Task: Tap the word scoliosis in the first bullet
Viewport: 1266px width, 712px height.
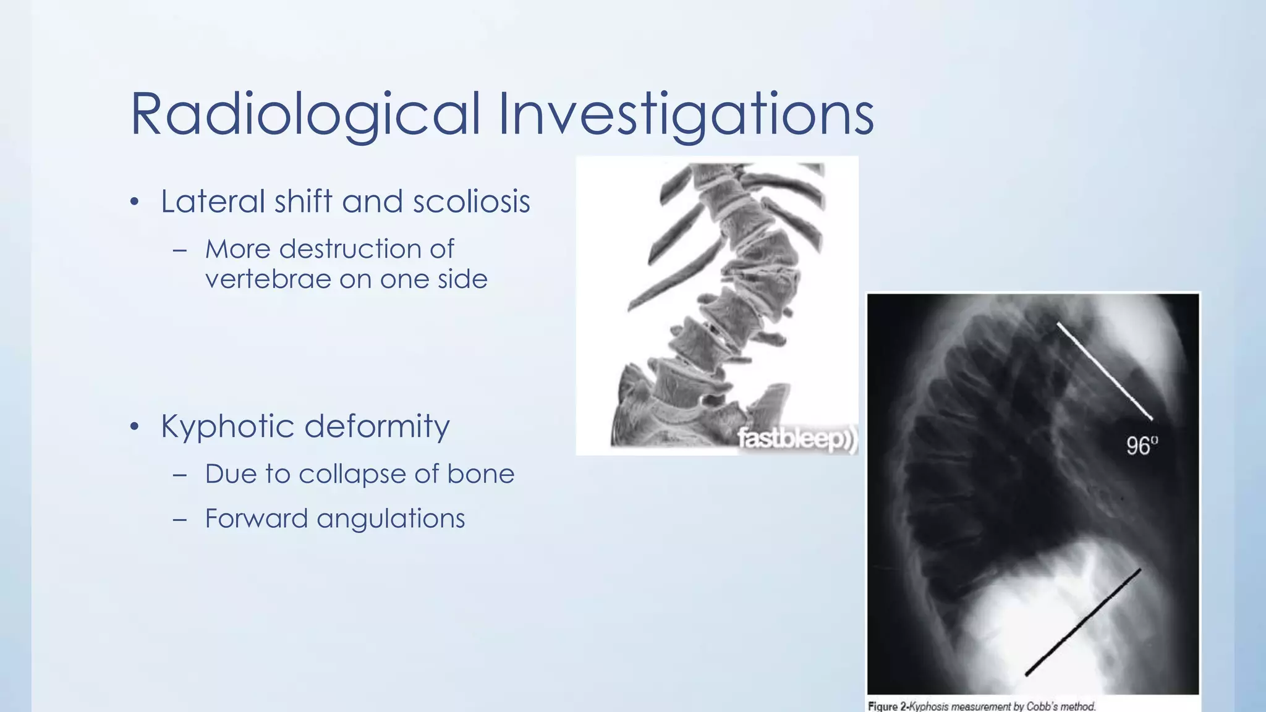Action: tap(471, 201)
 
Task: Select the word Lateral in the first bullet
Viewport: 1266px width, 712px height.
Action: tap(213, 201)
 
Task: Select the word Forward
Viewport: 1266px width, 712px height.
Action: tap(256, 519)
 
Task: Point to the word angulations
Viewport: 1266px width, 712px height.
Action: tap(391, 519)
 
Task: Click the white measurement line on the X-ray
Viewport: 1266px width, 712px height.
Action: tap(1104, 370)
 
